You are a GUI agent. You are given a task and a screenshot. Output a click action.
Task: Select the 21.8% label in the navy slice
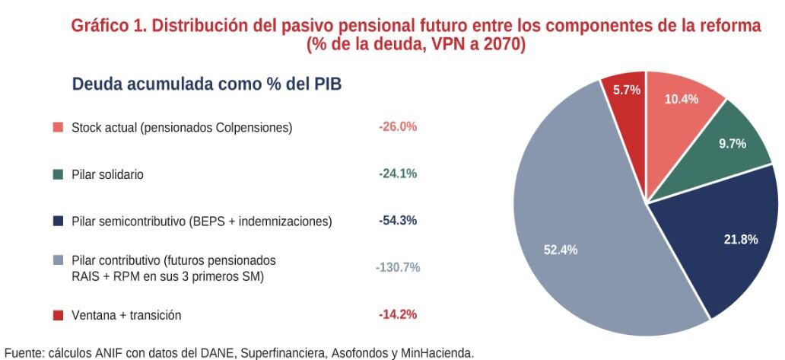coord(740,240)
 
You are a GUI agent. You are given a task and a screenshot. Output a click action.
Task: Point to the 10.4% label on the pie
coord(682,98)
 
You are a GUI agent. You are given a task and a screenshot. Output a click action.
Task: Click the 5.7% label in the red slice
coord(627,90)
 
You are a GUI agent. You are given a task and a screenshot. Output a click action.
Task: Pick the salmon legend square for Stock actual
coord(58,128)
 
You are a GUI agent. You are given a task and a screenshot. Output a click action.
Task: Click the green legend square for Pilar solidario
coord(58,174)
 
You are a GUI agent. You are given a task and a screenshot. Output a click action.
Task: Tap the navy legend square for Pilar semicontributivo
coord(58,221)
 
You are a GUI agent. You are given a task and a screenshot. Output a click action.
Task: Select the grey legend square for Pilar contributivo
coord(58,260)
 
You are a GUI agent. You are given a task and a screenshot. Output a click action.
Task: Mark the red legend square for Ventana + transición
coord(58,315)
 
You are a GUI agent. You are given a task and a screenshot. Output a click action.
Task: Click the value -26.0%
coord(398,127)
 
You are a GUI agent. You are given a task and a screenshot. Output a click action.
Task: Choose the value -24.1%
coord(398,174)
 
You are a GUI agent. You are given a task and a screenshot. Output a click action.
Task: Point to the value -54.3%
coord(398,221)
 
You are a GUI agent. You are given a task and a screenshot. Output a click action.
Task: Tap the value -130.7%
coord(398,267)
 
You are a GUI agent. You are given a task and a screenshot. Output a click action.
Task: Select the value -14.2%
coord(398,314)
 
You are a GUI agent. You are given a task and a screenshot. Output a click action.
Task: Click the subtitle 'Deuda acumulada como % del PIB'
coord(206,84)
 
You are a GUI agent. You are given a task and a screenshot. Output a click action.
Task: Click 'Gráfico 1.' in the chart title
coord(108,25)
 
